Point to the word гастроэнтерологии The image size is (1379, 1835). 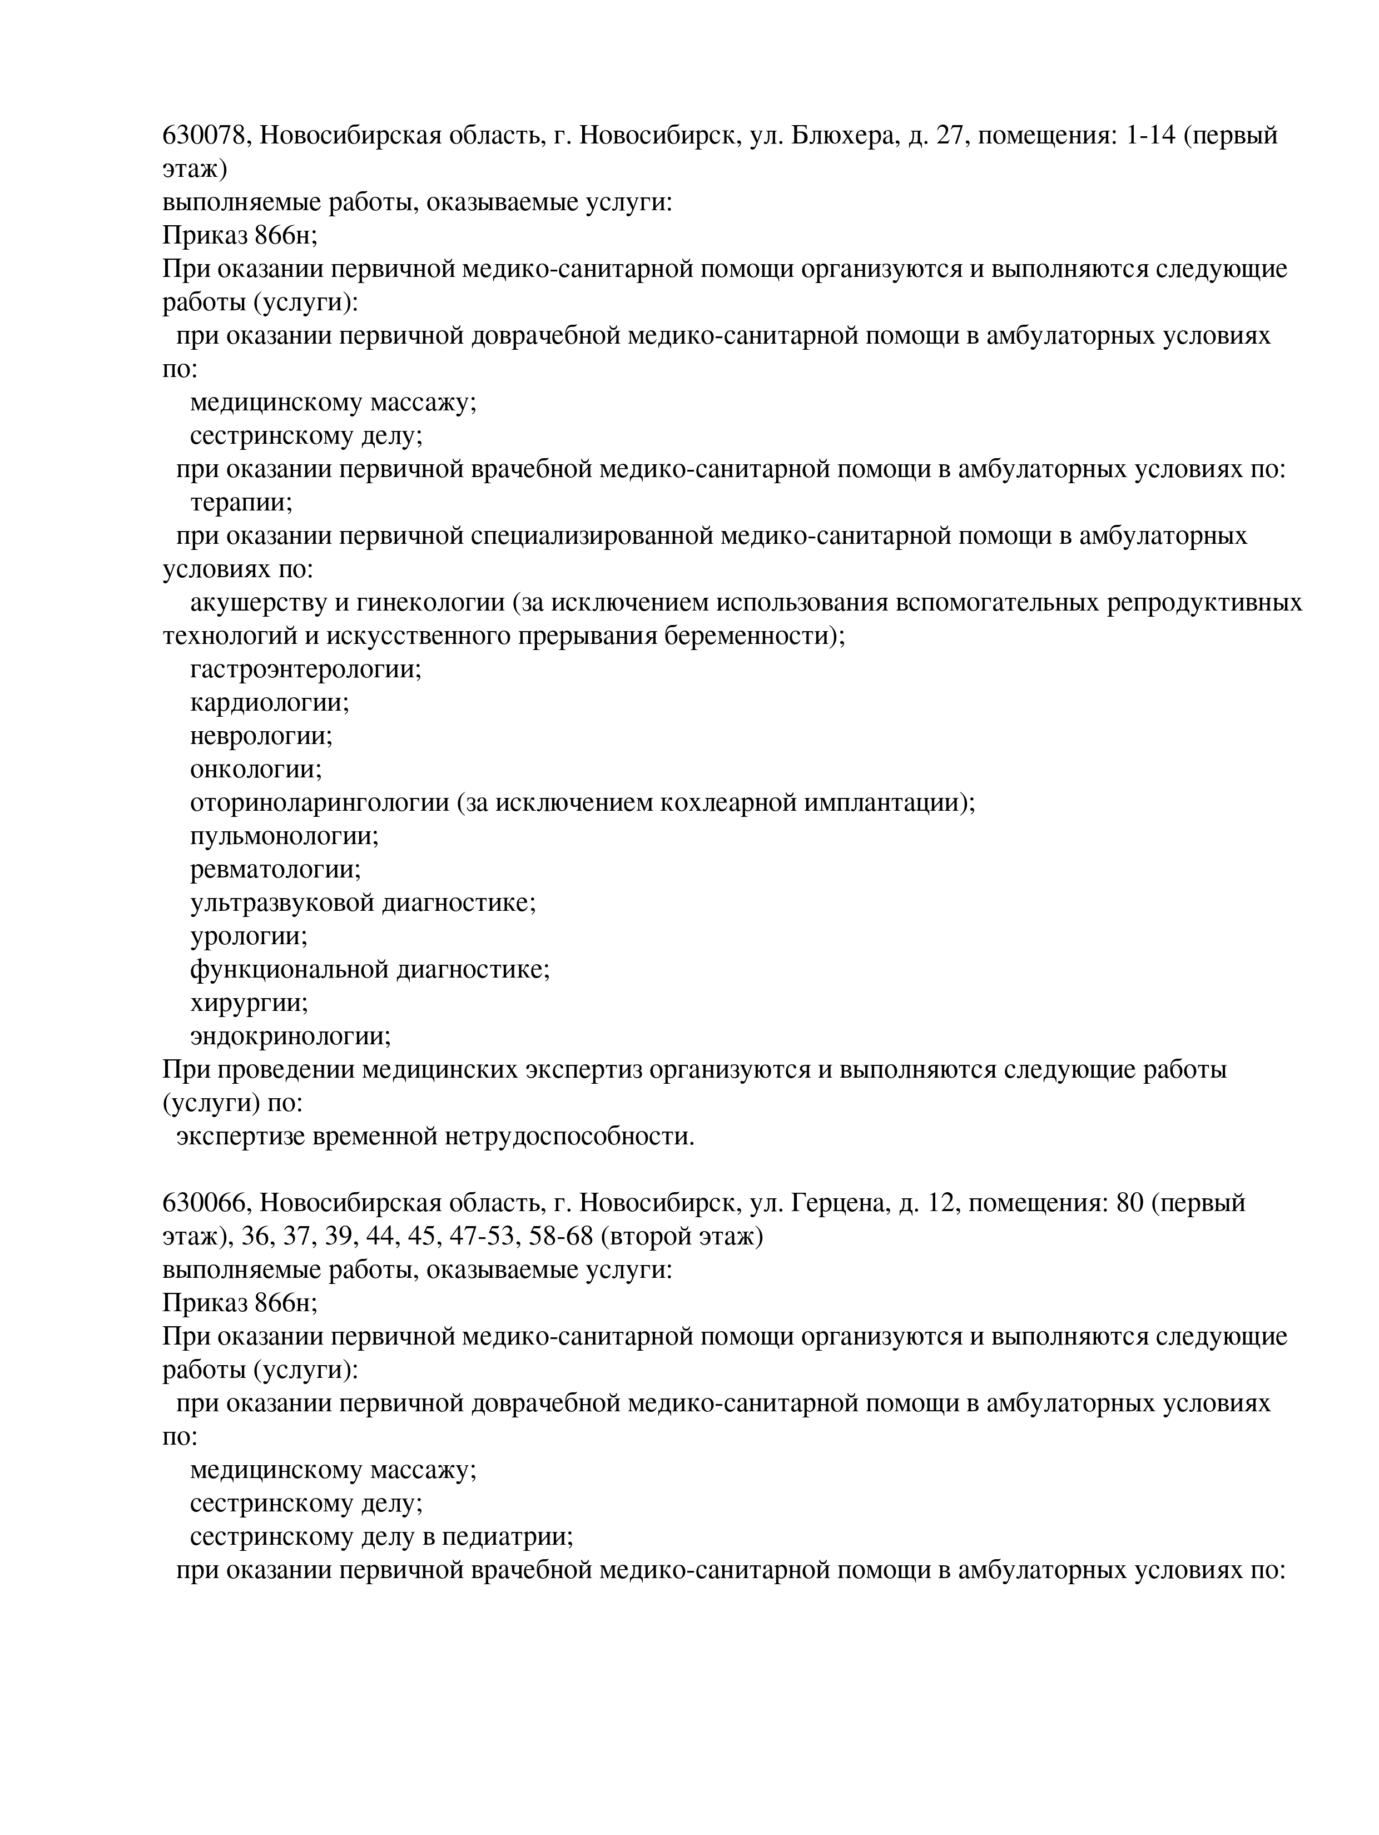click(x=305, y=669)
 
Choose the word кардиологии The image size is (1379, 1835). click(x=270, y=703)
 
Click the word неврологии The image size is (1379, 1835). click(x=261, y=736)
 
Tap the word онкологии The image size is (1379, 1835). click(x=256, y=769)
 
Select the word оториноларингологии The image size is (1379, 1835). click(x=319, y=803)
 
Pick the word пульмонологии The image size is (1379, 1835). click(x=284, y=836)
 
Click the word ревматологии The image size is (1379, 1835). click(x=275, y=869)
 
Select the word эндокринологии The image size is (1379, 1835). click(x=290, y=1036)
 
